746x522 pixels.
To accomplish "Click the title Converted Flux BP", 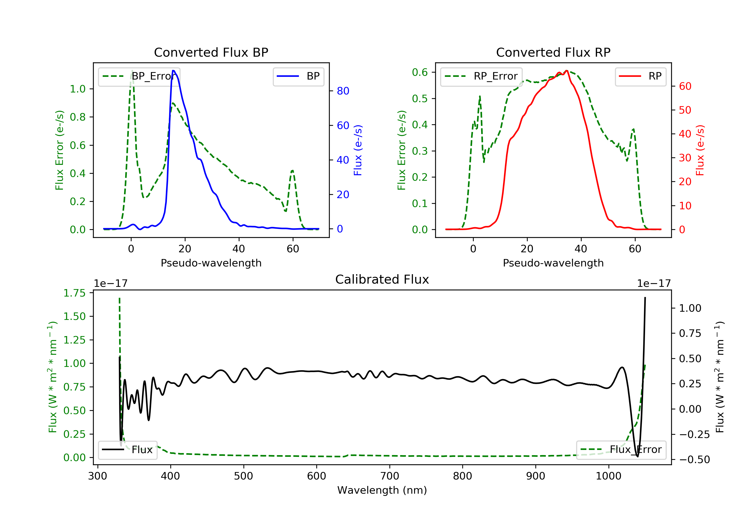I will tap(211, 52).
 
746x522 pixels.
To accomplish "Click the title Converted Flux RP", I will tap(553, 52).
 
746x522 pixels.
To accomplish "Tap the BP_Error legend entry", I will tap(139, 76).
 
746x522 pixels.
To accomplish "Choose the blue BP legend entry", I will tap(298, 76).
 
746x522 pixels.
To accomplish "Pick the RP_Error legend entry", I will tap(481, 76).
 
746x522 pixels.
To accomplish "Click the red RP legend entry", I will tap(640, 76).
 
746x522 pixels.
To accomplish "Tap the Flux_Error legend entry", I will tap(621, 450).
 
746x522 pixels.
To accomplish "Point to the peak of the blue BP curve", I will tap(173, 71).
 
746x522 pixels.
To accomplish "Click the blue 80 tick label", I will tap(343, 91).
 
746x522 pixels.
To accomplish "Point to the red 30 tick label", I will tap(685, 158).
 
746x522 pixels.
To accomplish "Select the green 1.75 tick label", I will tap(74, 293).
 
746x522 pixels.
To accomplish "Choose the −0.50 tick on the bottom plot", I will tap(694, 460).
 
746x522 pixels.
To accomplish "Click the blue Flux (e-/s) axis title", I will tap(358, 150).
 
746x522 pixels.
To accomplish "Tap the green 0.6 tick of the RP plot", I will tap(420, 72).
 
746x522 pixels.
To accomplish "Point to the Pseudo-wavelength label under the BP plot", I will tap(211, 263).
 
